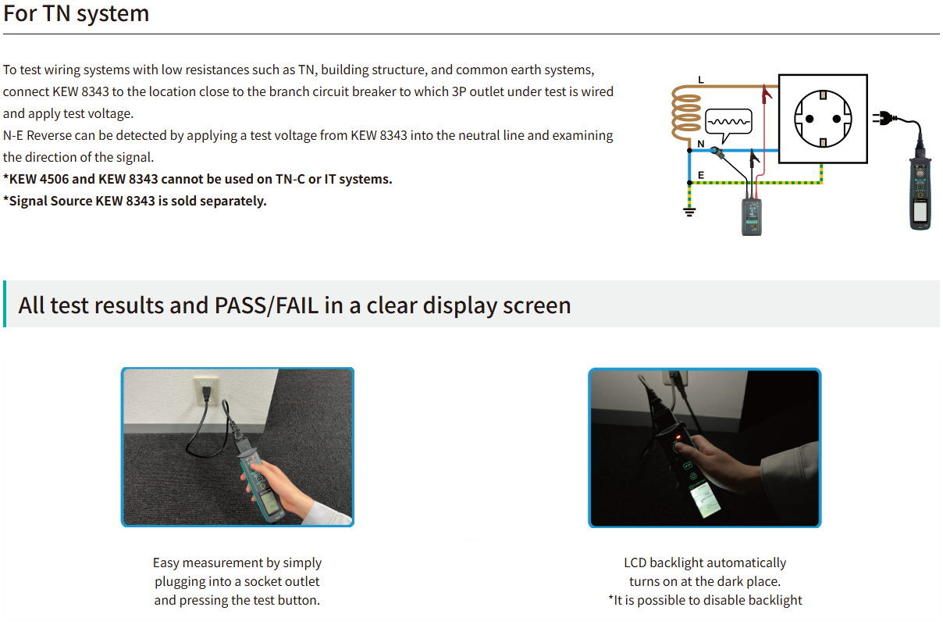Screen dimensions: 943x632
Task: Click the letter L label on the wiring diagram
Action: point(701,80)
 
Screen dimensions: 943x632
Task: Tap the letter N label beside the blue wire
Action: point(701,144)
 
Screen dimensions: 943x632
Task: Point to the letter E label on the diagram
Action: point(701,175)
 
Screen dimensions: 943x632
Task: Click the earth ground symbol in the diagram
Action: point(689,212)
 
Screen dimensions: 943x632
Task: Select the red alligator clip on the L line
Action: point(767,94)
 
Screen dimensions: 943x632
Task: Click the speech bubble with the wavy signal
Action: point(729,124)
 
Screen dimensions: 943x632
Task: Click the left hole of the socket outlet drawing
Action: point(810,120)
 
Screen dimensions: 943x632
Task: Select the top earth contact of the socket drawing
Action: point(823,95)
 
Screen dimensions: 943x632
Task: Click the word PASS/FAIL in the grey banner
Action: point(266,305)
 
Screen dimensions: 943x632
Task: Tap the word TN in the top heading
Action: point(56,13)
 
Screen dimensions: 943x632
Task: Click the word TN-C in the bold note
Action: point(290,179)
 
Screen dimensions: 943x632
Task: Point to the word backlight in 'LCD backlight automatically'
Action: point(677,563)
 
